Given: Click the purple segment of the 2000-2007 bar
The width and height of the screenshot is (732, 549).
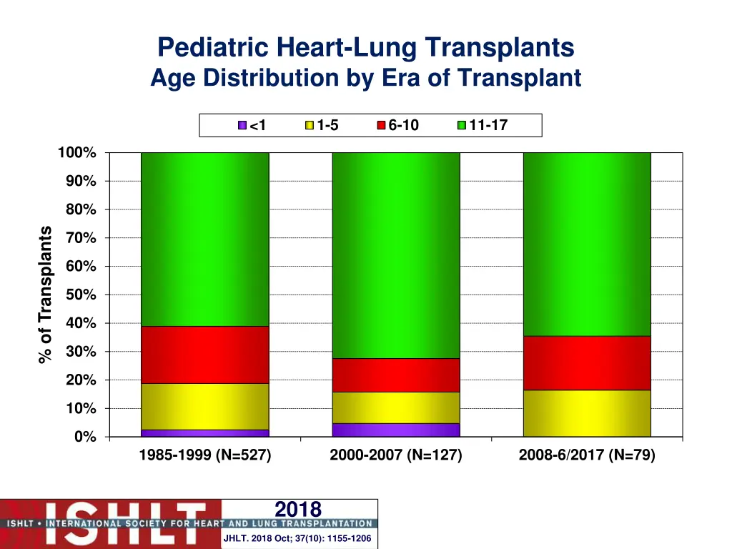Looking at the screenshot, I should (396, 430).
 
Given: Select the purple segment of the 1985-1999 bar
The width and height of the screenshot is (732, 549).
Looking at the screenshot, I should (205, 433).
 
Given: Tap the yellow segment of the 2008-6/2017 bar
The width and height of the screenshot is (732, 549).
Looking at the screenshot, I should (587, 413).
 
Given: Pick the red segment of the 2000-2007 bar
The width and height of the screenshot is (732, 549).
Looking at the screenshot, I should (396, 375).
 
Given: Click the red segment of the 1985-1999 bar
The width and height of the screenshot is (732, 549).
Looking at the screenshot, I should (205, 355).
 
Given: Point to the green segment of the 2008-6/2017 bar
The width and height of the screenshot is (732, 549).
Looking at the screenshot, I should (587, 244).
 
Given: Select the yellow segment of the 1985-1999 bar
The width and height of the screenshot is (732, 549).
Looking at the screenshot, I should (205, 406).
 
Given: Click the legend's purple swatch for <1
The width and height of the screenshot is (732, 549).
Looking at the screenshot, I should (242, 126).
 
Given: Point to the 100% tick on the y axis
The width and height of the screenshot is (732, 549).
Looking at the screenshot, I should (76, 153).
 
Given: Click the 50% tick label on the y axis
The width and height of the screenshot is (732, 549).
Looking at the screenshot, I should (80, 295).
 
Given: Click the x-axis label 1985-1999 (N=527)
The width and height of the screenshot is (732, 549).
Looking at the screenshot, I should (205, 455).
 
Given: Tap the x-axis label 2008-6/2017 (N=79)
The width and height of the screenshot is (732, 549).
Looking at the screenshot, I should (587, 455).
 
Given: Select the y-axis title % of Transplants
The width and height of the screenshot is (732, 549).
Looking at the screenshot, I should (46, 294).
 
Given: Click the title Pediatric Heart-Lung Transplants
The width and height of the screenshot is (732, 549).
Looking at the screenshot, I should (365, 48).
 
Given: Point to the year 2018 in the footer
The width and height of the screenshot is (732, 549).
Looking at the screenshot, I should (298, 509).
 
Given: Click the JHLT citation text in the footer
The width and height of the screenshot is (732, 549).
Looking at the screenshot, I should (297, 538).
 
